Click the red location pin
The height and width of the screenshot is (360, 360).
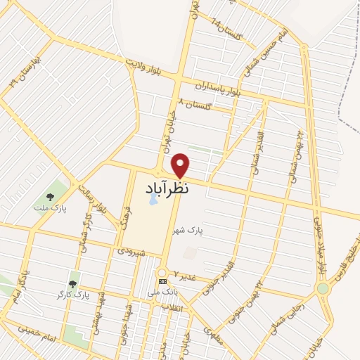click(181, 165)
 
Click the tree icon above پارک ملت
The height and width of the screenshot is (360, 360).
click(49, 198)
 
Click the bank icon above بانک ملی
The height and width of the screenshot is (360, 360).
click(162, 282)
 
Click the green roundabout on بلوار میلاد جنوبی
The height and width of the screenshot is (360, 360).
click(323, 288)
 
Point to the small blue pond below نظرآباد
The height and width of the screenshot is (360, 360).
click(153, 200)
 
